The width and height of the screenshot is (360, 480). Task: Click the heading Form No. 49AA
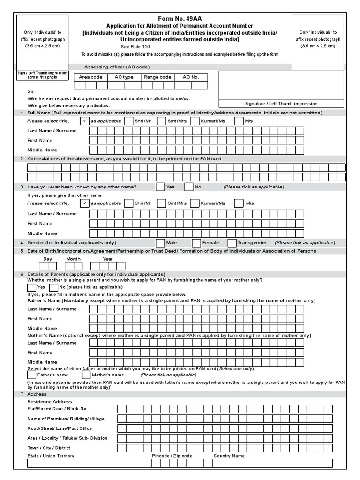(x=180, y=18)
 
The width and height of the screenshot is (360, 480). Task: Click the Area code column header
(x=90, y=77)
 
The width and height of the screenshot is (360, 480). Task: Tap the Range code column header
(x=157, y=77)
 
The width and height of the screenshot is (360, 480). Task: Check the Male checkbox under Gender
(x=161, y=243)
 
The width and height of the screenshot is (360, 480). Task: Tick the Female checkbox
(x=196, y=243)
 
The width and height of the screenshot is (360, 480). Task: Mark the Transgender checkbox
(x=232, y=243)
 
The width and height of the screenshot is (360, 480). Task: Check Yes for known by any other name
(x=161, y=187)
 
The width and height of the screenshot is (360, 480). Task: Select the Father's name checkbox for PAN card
(x=31, y=375)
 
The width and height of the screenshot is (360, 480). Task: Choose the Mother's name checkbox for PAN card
(x=86, y=375)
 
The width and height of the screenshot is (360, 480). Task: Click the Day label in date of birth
(x=47, y=259)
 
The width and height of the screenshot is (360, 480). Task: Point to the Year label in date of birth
(x=108, y=259)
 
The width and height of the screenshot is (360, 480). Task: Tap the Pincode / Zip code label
(x=172, y=456)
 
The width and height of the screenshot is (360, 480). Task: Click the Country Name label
(x=229, y=456)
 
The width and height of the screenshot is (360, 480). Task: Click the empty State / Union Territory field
(x=88, y=463)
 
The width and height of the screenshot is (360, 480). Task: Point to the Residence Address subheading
(x=50, y=402)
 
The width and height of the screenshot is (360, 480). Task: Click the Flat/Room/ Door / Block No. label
(x=58, y=409)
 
